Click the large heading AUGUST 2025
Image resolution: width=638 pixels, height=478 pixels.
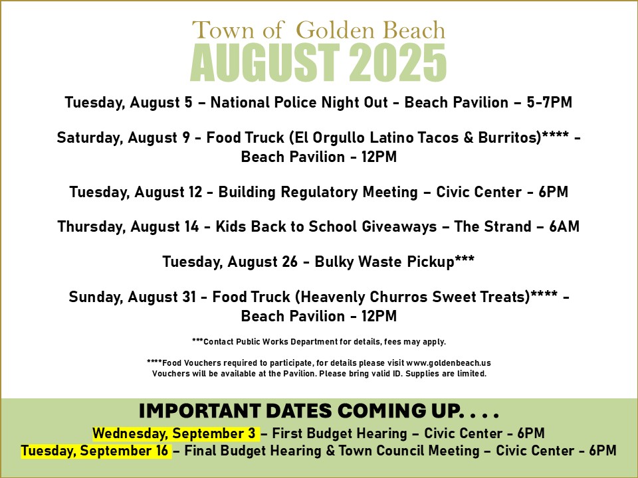click(318, 63)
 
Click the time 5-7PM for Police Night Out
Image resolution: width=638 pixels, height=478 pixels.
click(550, 102)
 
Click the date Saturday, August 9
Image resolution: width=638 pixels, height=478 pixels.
click(124, 138)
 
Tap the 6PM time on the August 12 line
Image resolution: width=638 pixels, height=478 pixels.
click(554, 192)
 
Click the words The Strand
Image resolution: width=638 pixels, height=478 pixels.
click(492, 226)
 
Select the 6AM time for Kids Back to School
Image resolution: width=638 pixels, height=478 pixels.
click(564, 226)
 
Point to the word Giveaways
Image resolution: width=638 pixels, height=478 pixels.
click(399, 227)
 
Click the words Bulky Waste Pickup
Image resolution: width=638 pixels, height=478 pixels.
click(385, 262)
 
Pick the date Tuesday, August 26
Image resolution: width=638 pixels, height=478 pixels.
click(230, 262)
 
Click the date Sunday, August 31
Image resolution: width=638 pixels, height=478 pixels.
click(133, 297)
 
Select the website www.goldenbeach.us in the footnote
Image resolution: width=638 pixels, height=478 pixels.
click(449, 362)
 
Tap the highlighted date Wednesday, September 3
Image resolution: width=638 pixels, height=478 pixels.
click(174, 434)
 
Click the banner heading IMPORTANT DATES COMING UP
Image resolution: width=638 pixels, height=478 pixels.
click(318, 411)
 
